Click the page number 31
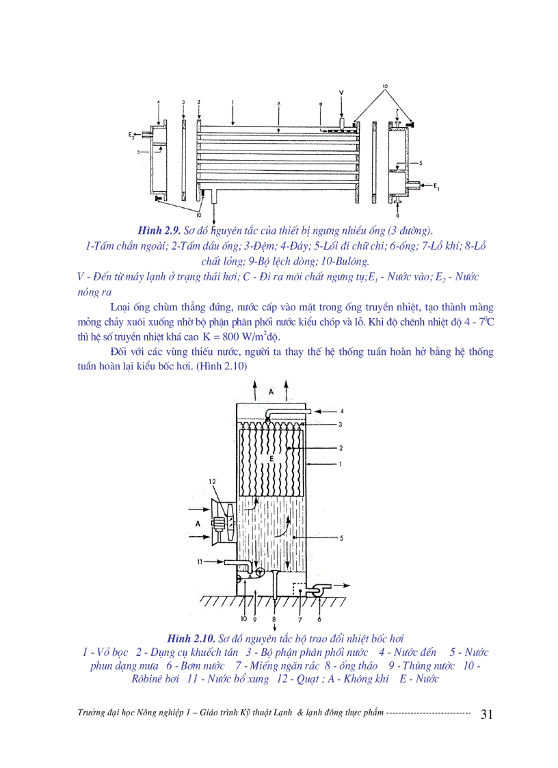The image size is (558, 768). pyautogui.click(x=487, y=714)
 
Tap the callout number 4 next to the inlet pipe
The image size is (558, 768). pyautogui.click(x=342, y=411)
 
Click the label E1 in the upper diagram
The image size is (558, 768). pyautogui.click(x=436, y=185)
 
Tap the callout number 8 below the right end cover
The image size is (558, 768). pyautogui.click(x=397, y=215)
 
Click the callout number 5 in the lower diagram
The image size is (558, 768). pyautogui.click(x=341, y=538)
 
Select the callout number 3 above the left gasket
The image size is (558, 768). pyautogui.click(x=183, y=102)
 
